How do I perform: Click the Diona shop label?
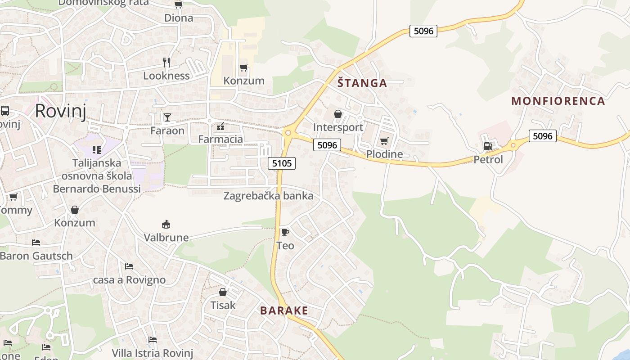[x=179, y=18]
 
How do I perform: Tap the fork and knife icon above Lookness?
[x=166, y=63]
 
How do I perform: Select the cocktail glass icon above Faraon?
[x=167, y=117]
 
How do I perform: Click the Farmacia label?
[x=220, y=139]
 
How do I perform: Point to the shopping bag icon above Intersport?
[x=338, y=114]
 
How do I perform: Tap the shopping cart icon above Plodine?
[x=384, y=141]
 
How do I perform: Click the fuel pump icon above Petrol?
[x=488, y=146]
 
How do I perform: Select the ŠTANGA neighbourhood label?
[x=362, y=83]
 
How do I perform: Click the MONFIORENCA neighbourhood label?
[x=558, y=101]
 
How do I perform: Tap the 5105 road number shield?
[x=282, y=163]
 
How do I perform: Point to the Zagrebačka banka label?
[x=268, y=196]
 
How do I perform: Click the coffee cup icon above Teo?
[x=285, y=233]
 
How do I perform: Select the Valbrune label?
[x=166, y=237]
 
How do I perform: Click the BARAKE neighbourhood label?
[x=284, y=310]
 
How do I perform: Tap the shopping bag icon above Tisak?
[x=223, y=292]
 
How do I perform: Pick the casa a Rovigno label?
[x=129, y=280]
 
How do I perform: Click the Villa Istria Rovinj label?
[x=152, y=353]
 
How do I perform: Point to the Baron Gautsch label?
[x=36, y=256]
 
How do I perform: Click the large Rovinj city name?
[x=60, y=111]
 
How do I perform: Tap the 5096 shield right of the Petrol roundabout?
[x=542, y=136]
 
